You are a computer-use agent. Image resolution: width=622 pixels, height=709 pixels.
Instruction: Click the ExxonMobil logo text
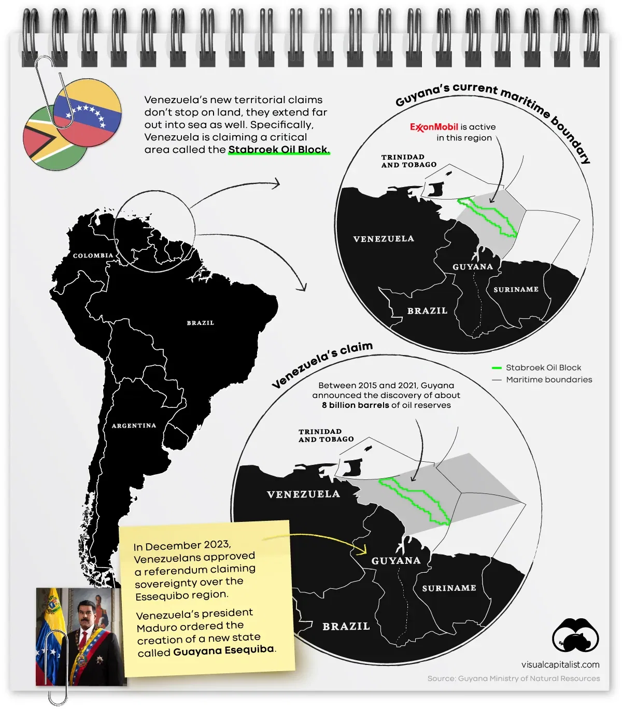(434, 127)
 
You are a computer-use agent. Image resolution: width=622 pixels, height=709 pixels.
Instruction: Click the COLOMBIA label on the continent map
(93, 256)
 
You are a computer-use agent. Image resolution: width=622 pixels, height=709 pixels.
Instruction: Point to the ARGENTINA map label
(134, 426)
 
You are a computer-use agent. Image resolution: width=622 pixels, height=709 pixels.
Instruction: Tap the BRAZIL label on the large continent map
(200, 323)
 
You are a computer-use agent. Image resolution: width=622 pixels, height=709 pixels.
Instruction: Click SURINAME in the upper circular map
(516, 290)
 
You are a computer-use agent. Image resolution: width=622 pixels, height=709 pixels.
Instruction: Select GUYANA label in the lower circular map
(395, 561)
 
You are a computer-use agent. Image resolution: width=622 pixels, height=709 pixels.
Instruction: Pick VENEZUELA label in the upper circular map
(384, 239)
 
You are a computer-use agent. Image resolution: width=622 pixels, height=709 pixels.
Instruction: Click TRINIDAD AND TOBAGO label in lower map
(326, 435)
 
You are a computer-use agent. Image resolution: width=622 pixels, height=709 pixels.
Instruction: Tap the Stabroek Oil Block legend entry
(543, 367)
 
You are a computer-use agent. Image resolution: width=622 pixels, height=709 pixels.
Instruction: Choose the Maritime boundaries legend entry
(548, 379)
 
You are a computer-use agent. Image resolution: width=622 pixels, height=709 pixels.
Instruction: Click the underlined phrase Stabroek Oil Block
(278, 150)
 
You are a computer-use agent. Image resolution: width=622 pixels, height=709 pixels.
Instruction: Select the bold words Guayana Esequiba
(223, 650)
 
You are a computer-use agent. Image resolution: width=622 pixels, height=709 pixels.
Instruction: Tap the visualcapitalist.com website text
(560, 664)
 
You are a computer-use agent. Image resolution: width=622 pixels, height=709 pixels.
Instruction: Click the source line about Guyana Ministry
(513, 678)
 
